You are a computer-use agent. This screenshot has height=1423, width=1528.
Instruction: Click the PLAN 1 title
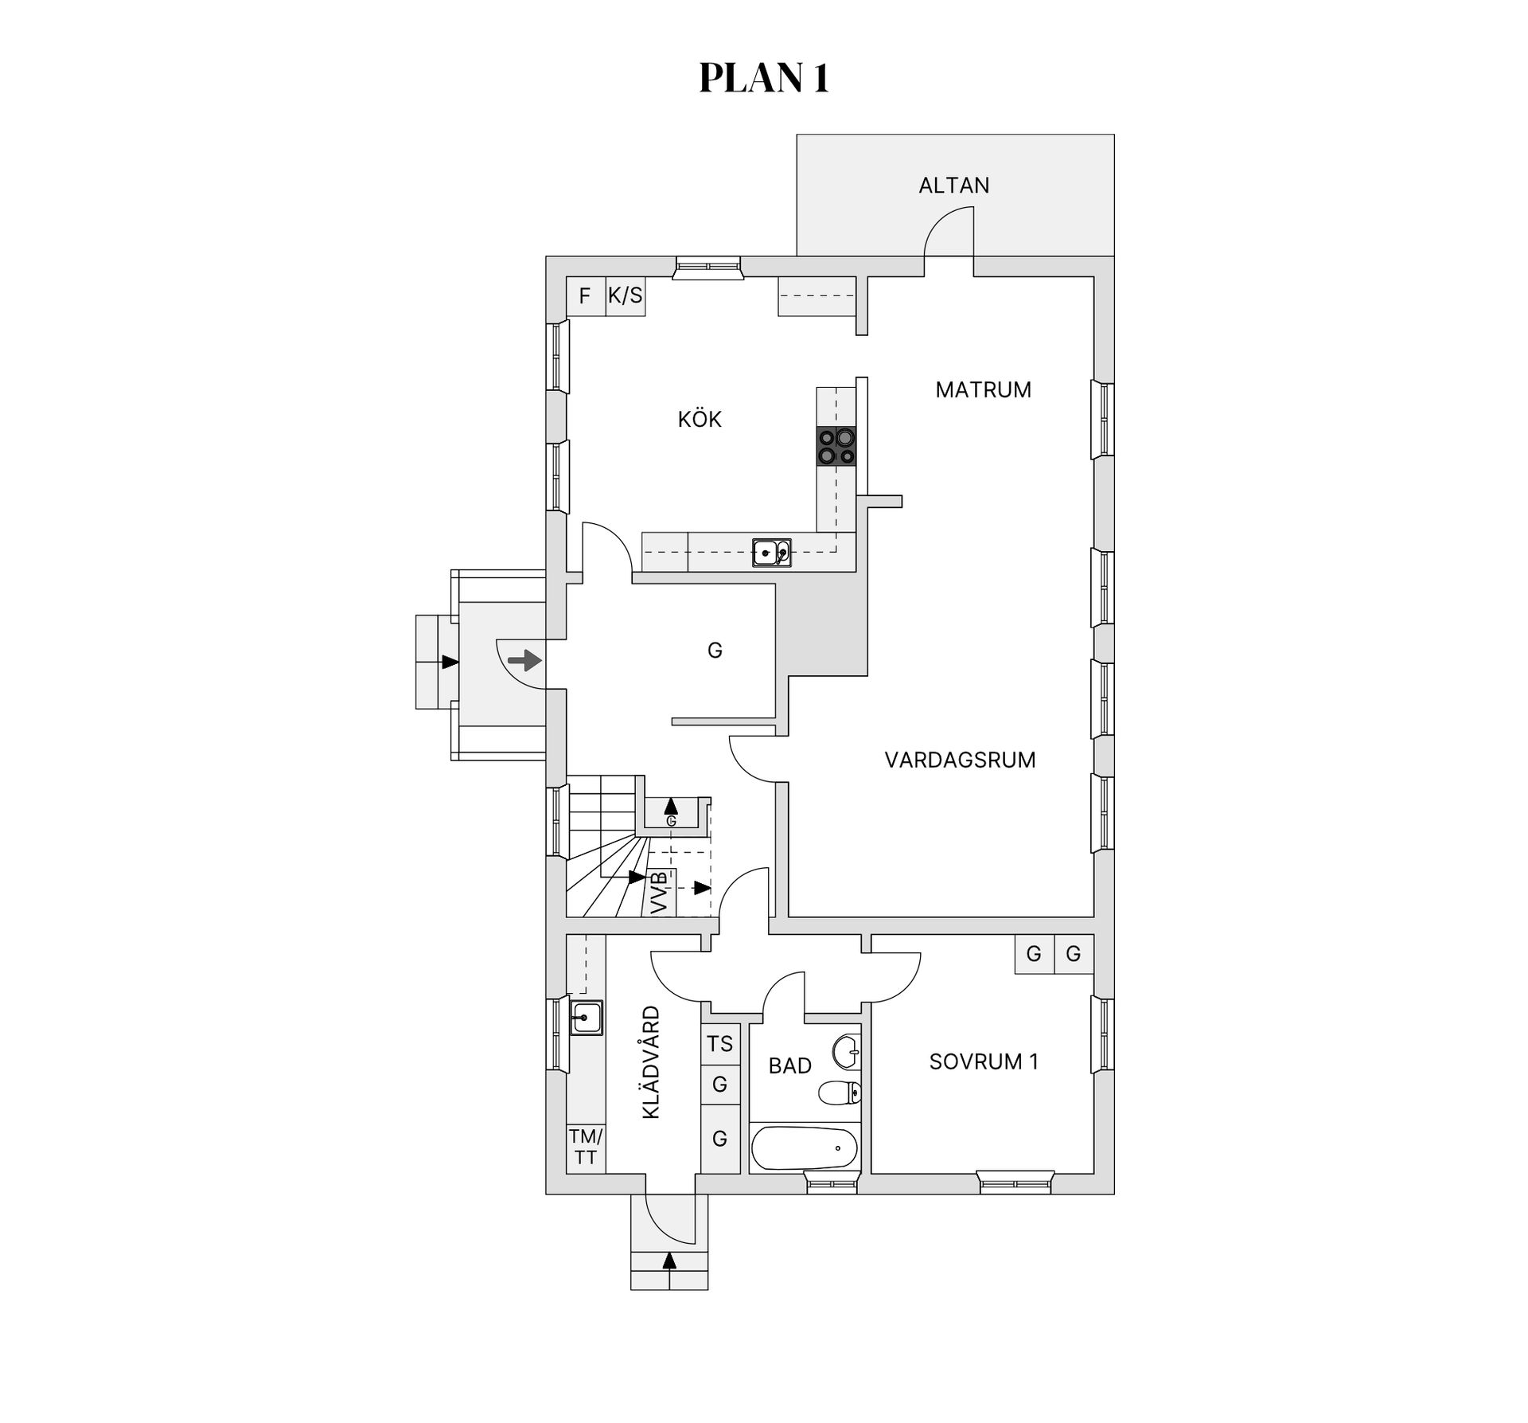tap(764, 79)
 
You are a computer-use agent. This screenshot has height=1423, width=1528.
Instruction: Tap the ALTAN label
tap(954, 186)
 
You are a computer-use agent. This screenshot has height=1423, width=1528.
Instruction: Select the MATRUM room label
tap(983, 389)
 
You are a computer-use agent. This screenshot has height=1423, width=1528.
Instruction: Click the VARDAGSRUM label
tap(960, 760)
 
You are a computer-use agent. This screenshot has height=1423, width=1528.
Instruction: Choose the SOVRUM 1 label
tap(984, 1061)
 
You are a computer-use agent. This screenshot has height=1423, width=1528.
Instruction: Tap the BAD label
tap(789, 1065)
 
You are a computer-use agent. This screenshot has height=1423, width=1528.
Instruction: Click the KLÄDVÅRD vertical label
tap(651, 1062)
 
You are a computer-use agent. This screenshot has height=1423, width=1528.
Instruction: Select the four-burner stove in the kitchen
tap(836, 446)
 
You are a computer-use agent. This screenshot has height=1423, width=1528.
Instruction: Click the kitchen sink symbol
tap(771, 553)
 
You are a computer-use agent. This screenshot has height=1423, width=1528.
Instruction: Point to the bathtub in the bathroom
tap(804, 1147)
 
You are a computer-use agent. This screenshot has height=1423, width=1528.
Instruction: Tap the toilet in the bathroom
tap(840, 1092)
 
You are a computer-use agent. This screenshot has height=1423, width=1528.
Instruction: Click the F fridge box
tap(586, 296)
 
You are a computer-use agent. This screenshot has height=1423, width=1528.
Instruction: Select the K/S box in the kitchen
tap(626, 296)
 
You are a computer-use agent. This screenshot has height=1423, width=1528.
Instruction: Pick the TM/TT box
tap(586, 1147)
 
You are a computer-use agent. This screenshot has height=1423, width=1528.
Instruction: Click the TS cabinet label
tap(719, 1043)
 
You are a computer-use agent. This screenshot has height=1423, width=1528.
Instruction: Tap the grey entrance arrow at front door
tap(524, 660)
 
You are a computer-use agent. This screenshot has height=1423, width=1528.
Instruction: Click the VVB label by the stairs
tap(660, 893)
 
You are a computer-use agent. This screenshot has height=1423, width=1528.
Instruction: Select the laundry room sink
tap(586, 1017)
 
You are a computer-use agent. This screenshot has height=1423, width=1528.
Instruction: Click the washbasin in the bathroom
tap(847, 1051)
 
